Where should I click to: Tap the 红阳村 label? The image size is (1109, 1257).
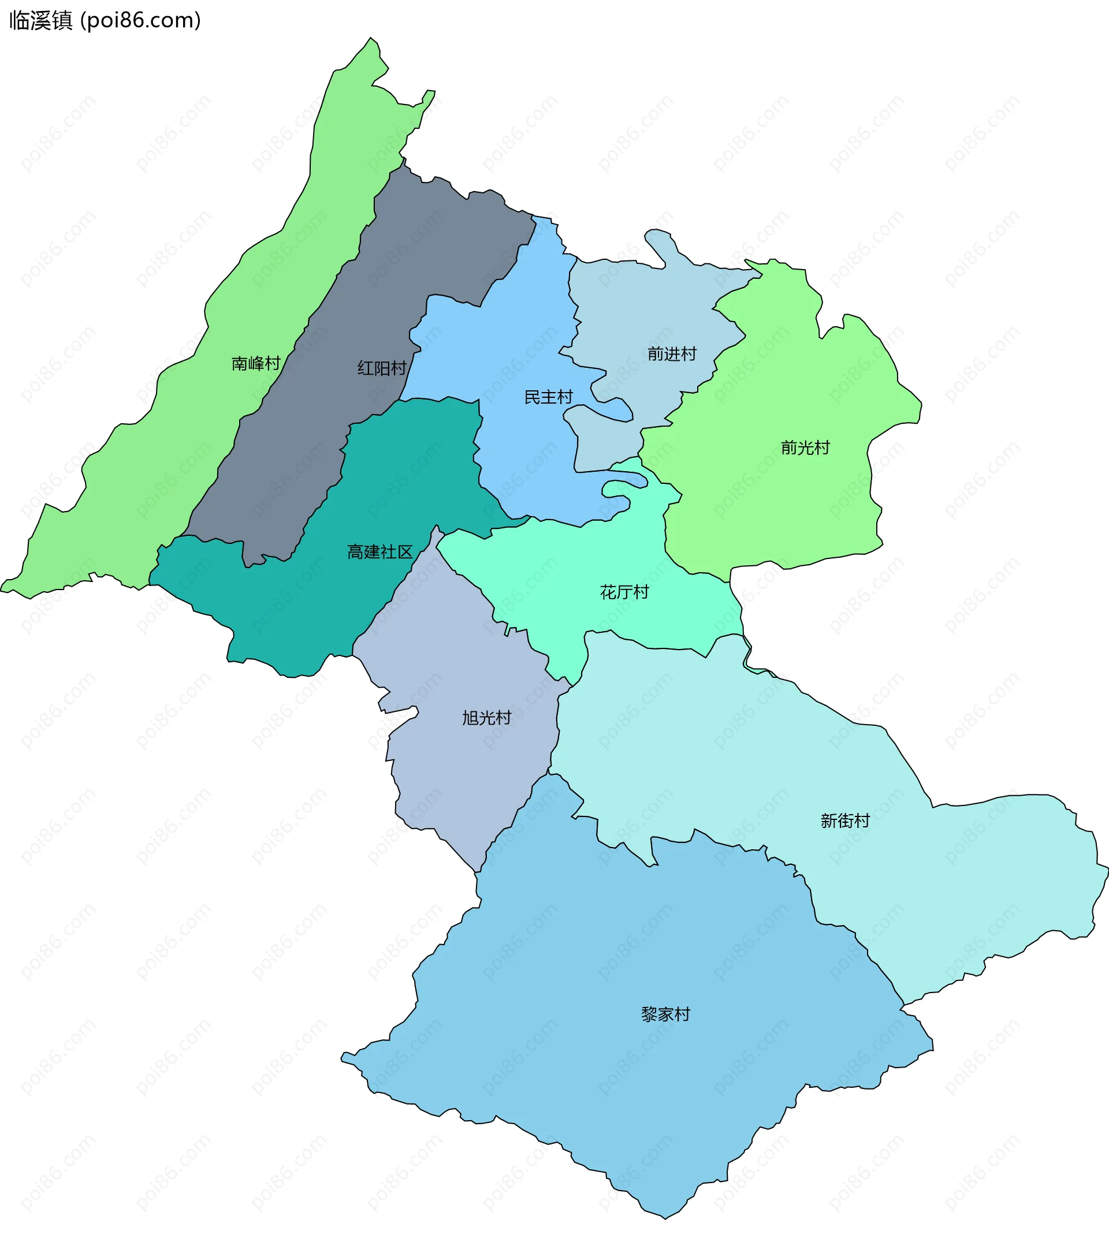pos(382,368)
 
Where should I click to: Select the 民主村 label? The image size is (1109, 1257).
pos(548,397)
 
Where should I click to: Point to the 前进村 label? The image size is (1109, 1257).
pos(672,353)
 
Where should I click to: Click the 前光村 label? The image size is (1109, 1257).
pos(805,447)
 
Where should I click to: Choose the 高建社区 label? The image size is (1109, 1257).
pos(379,551)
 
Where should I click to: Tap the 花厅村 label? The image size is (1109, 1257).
pos(624,592)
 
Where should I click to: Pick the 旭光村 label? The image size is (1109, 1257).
pos(486,717)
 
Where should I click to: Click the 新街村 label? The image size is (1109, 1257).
pos(844,820)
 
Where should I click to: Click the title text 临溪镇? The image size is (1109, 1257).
pos(40,20)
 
